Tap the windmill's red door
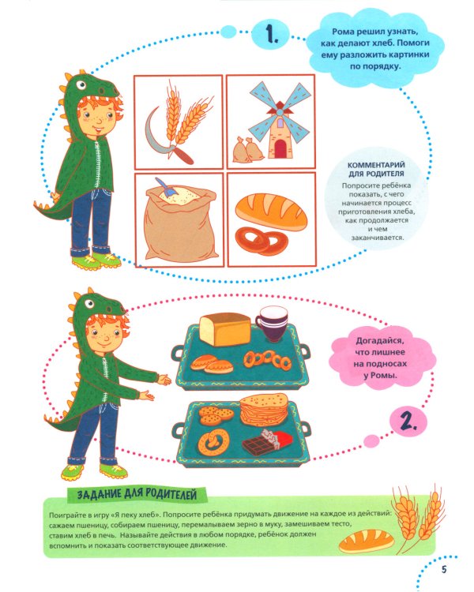coord(280,148)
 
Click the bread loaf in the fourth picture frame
coord(272,211)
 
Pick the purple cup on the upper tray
coord(272,324)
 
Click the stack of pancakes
coord(264,409)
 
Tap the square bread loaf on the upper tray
coord(224,328)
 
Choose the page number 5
coord(444,569)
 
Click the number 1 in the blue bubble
coord(272,35)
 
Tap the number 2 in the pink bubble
coord(408,422)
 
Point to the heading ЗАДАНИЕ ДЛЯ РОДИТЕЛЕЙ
coord(137,494)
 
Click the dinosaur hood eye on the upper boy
coord(81,85)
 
